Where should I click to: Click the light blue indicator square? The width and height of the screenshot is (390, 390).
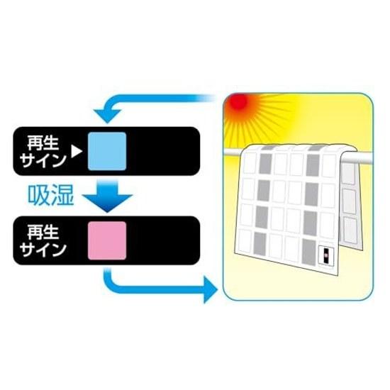107,151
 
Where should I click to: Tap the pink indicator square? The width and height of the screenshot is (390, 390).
107,240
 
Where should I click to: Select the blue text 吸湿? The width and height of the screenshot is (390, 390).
51,196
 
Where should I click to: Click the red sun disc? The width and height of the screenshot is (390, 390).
238,101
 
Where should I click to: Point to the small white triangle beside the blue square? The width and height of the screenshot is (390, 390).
76,151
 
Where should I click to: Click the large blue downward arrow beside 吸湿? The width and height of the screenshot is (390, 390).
107,196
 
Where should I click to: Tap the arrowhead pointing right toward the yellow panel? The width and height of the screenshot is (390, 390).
211,289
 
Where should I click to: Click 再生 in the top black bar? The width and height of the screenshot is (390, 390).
43,143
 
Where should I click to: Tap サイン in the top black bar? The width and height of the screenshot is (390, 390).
43,160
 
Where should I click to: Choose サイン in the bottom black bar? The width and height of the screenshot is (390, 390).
43,250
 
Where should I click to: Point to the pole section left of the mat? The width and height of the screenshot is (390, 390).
233,152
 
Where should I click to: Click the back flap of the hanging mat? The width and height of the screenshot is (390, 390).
351,204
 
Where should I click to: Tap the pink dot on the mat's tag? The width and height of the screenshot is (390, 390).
325,256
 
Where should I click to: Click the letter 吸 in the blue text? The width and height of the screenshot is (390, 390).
38,196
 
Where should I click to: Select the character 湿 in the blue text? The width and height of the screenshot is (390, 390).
62,196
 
